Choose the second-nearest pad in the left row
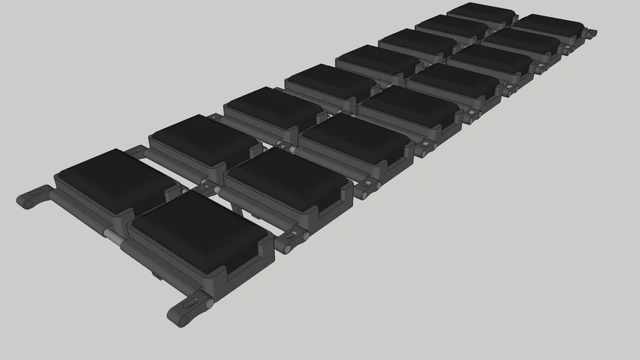[x=204, y=139]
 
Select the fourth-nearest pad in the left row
[x=330, y=82]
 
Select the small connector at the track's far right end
[x=591, y=33]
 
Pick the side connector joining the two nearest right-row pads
[x=294, y=239]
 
